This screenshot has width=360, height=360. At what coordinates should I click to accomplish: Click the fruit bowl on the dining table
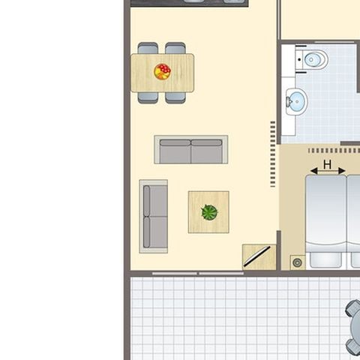[162, 71]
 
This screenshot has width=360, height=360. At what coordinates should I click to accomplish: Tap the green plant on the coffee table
[209, 212]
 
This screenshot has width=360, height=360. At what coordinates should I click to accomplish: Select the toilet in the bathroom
[313, 59]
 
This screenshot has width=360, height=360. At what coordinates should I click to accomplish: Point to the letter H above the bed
[327, 163]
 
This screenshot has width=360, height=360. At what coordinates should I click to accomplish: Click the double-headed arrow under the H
[328, 172]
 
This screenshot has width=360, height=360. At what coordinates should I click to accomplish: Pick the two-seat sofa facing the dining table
[190, 150]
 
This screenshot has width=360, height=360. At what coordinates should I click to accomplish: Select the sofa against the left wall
[154, 216]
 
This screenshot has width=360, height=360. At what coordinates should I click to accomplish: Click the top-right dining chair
[175, 48]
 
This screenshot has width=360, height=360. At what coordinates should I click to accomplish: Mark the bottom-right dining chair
[175, 97]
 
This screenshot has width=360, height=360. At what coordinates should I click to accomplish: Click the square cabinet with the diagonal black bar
[258, 256]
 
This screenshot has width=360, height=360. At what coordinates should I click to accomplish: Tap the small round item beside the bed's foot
[298, 262]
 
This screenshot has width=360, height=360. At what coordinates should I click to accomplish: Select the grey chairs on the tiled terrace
[353, 326]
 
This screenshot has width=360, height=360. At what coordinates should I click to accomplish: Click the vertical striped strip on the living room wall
[273, 154]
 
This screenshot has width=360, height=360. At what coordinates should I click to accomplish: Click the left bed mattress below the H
[325, 217]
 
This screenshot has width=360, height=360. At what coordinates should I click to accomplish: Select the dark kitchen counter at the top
[188, 2]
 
